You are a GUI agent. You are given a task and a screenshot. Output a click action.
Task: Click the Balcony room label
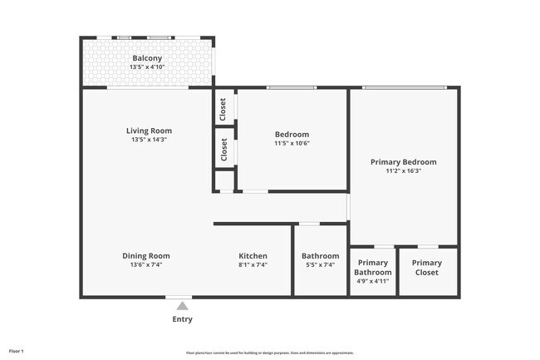(147, 57)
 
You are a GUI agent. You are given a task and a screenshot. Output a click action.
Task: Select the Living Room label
(149, 131)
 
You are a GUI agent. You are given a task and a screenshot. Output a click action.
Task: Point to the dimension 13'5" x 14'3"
(149, 141)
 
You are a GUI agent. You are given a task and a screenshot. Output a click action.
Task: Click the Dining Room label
(146, 255)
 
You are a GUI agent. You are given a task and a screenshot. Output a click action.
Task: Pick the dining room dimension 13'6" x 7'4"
(146, 265)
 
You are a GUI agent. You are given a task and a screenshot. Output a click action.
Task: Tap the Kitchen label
(253, 255)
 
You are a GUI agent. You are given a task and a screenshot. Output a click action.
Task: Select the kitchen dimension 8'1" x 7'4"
(253, 265)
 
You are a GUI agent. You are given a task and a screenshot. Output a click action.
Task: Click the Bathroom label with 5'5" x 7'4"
(320, 256)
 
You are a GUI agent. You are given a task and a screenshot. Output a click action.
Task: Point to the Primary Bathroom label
(372, 267)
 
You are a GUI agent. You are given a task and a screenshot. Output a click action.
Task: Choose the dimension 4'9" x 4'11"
(372, 281)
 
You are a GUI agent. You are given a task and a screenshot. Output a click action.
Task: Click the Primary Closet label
(427, 267)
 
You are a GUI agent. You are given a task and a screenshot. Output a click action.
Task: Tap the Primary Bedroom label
(403, 161)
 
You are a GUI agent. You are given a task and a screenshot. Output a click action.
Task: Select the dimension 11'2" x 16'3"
(403, 171)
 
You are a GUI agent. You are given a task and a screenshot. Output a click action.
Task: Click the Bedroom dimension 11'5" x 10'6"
(292, 144)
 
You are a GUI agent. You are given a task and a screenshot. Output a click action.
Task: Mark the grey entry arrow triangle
(182, 306)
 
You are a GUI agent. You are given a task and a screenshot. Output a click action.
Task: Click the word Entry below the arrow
(182, 319)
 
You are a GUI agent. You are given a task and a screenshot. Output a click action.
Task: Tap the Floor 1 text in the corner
(17, 351)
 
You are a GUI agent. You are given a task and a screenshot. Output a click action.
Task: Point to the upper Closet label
(223, 108)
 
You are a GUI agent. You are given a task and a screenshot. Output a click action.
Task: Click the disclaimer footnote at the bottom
(270, 353)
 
